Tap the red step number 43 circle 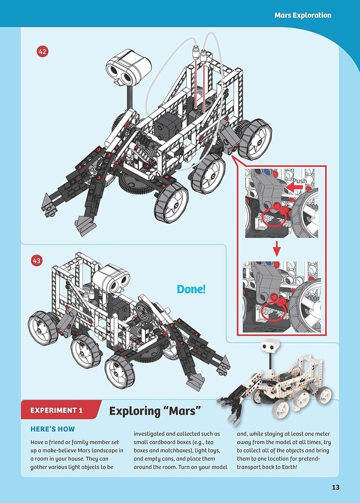(x=36, y=261)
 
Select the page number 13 (x=336, y=486)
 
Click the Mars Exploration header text (x=303, y=15)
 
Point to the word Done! (x=191, y=289)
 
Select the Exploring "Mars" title (x=155, y=411)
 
